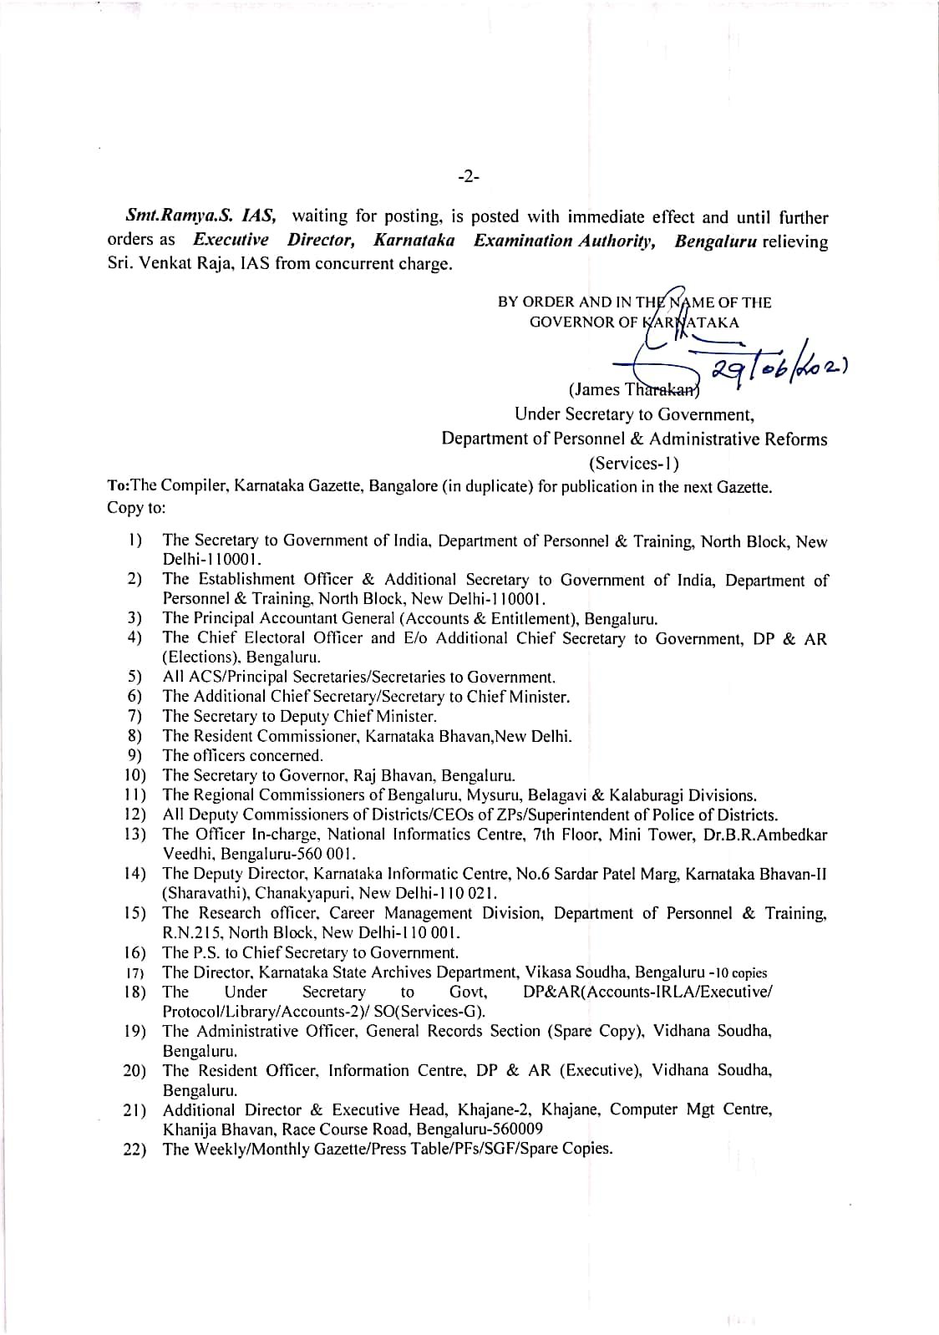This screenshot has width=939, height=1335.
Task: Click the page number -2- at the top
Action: coord(469,176)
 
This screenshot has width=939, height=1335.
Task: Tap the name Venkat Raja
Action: coord(184,266)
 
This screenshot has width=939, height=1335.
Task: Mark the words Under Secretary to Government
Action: coord(634,414)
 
